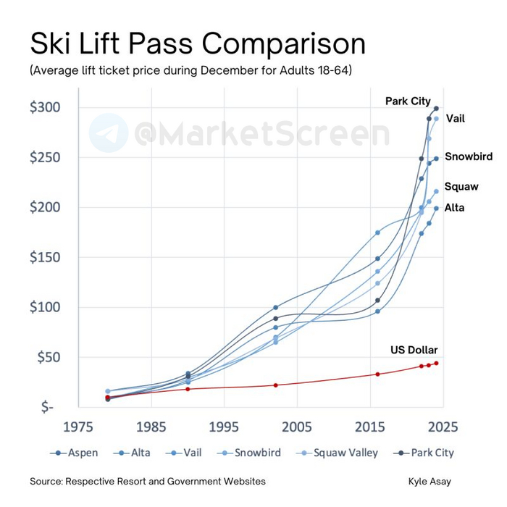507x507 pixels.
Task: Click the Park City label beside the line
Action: pyautogui.click(x=408, y=101)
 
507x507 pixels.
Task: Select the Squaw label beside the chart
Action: pyautogui.click(x=461, y=187)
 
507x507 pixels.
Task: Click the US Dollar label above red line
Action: pyautogui.click(x=414, y=350)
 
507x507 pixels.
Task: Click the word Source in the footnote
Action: pyautogui.click(x=46, y=482)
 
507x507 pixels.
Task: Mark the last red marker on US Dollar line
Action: pyautogui.click(x=436, y=363)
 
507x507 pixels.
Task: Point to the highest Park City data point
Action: pyautogui.click(x=436, y=109)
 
